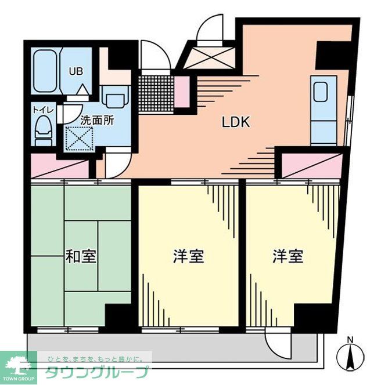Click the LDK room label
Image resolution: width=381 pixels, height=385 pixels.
[236, 122]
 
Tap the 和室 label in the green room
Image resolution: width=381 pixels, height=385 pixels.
[81, 256]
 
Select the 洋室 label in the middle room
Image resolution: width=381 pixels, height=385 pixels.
[188, 256]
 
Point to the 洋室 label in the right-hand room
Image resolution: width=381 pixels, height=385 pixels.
[288, 256]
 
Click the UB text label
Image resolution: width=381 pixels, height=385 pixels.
[76, 72]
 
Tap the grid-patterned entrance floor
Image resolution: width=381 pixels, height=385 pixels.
[157, 92]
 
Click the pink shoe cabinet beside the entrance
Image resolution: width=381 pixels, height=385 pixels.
[182, 92]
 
